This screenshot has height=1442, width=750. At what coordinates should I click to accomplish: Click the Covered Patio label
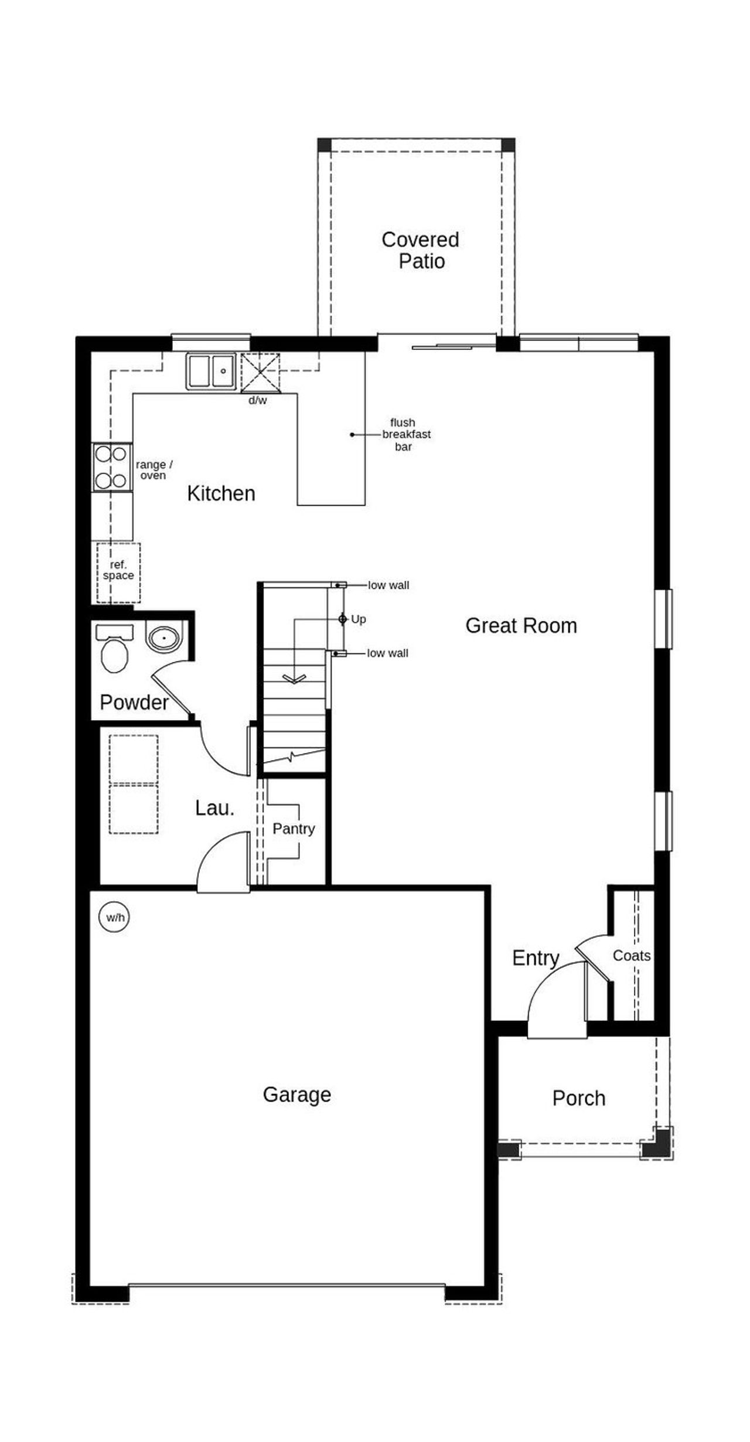click(421, 250)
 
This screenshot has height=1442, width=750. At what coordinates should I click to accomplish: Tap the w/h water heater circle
click(115, 917)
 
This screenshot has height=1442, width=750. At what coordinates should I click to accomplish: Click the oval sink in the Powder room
click(164, 637)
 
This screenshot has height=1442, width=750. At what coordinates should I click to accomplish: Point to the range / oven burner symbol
click(111, 467)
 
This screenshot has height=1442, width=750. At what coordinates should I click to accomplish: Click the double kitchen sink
click(211, 371)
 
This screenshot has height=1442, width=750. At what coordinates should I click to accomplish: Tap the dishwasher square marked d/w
click(260, 373)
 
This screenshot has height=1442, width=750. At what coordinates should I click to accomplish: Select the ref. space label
click(118, 570)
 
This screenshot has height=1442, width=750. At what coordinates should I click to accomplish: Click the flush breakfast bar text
click(405, 434)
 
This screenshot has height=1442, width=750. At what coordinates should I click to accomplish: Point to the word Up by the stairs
click(358, 619)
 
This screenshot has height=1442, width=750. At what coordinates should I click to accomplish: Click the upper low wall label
click(388, 585)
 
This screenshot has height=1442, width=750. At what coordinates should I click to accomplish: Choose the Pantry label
click(294, 829)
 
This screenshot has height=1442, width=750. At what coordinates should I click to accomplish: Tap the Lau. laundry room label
click(214, 808)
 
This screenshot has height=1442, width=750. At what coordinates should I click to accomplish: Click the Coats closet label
click(631, 956)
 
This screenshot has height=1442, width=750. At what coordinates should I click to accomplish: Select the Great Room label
click(521, 625)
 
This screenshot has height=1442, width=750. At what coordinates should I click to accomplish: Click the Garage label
click(296, 1094)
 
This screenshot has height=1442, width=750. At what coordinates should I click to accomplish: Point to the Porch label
click(578, 1098)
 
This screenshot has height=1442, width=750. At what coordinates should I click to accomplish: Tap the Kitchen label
click(221, 493)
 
